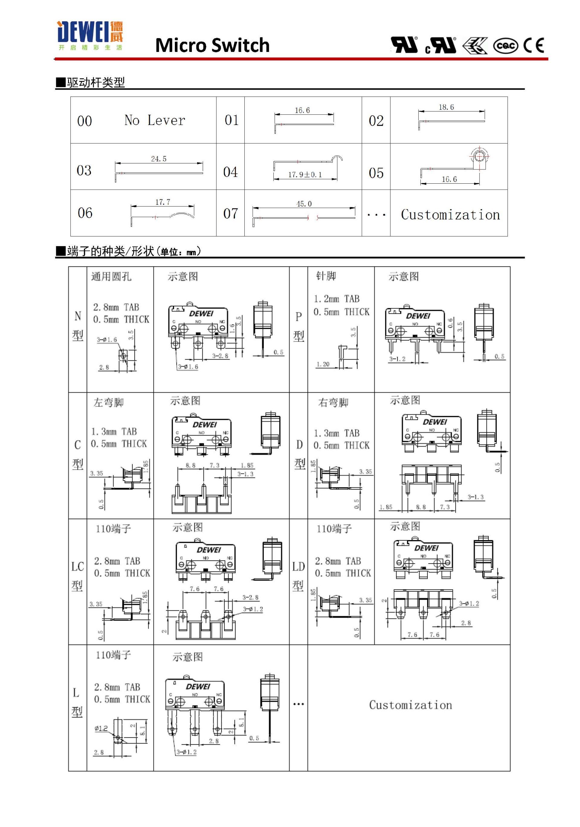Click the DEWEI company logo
(90, 36)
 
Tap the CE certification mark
(534, 45)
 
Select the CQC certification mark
(505, 46)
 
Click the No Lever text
(155, 120)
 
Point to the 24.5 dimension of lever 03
(159, 159)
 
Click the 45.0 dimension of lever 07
(304, 204)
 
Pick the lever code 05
(376, 173)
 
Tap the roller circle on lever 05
(479, 157)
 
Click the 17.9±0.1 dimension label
(305, 175)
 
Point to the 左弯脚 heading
(108, 402)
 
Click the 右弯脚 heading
(333, 402)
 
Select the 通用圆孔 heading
(111, 276)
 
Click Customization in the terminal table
(410, 705)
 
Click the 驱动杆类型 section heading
(95, 82)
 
